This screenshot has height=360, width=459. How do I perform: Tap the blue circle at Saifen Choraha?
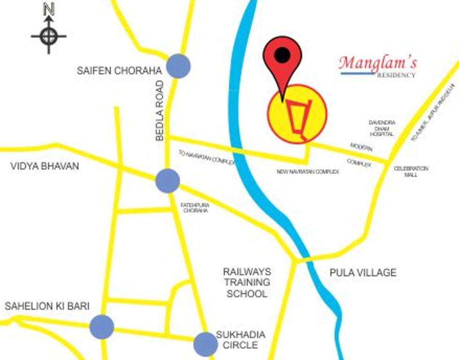[178, 66]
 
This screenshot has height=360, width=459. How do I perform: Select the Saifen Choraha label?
[119, 71]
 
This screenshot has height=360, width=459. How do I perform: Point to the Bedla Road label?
[160, 111]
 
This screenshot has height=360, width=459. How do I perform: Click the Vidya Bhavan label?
[44, 166]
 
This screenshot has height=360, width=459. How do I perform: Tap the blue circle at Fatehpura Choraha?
[167, 180]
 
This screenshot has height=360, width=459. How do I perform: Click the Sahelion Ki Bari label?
[47, 306]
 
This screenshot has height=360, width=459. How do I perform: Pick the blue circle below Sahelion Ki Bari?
[102, 327]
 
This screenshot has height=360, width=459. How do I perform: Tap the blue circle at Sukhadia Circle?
[206, 344]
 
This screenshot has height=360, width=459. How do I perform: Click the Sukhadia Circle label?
[241, 340]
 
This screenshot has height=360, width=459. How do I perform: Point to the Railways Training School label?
[247, 283]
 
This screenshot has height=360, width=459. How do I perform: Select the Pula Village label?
[363, 272]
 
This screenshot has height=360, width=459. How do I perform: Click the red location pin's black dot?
[282, 55]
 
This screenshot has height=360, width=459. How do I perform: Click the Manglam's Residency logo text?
[378, 66]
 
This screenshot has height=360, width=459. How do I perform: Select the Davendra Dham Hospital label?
[382, 128]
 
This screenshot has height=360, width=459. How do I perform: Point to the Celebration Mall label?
[411, 171]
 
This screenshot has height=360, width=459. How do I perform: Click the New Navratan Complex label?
[308, 172]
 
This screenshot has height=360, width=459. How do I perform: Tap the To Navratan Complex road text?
[206, 157]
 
